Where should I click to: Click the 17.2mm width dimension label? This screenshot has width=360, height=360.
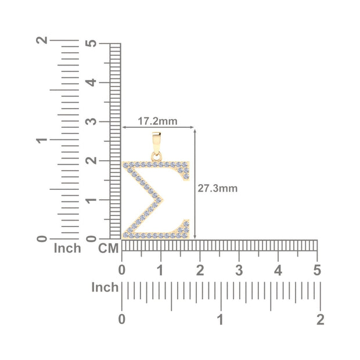[157, 121]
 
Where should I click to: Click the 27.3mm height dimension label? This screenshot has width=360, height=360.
[217, 188]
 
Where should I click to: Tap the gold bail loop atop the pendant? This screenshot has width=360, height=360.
[156, 143]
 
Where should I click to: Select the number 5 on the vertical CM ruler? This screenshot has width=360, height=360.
[91, 43]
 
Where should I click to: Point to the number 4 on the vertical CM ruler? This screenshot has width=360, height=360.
[91, 82]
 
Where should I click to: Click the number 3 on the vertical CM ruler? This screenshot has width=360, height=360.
[91, 121]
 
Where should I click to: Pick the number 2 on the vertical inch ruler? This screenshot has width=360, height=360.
[42, 40]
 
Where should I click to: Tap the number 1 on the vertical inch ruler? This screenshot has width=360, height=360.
[42, 139]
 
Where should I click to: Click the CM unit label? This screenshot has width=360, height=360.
[108, 249]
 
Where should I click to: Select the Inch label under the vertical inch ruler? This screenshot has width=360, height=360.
[67, 248]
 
